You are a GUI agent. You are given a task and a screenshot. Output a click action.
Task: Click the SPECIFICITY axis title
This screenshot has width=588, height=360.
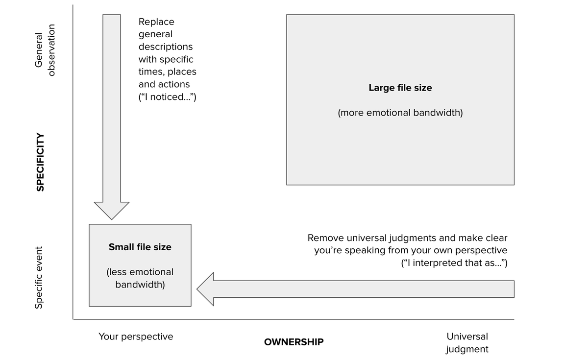point(40,162)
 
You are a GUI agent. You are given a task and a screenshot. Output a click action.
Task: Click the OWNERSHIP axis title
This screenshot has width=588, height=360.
point(294,342)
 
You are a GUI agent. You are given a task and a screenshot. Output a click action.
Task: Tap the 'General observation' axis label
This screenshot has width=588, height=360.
point(45,50)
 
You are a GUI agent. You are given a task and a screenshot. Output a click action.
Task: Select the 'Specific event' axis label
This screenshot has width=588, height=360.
point(39,278)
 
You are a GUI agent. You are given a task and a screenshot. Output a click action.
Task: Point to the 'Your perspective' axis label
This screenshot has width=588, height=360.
point(136,336)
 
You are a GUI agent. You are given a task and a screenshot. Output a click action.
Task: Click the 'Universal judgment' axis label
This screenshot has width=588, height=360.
point(467,343)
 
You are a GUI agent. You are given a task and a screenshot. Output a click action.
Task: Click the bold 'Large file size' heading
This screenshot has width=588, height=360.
point(400,88)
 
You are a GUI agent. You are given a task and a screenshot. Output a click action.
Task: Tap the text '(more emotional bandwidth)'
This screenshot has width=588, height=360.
point(400,113)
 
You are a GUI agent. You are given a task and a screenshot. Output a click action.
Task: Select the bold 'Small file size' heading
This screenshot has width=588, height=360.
point(140,247)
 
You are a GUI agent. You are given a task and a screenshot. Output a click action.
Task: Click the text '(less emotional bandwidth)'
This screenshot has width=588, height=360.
point(140,278)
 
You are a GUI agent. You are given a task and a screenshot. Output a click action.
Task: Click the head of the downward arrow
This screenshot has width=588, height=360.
point(112,210)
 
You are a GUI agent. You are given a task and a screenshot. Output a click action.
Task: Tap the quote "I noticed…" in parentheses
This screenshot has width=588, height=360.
point(168,97)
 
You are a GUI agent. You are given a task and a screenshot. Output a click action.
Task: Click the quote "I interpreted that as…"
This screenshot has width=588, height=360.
point(454,263)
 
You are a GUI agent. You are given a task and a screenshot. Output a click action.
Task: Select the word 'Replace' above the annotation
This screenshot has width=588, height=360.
point(156,22)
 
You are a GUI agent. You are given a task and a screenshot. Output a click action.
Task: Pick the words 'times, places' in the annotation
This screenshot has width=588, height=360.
point(167,72)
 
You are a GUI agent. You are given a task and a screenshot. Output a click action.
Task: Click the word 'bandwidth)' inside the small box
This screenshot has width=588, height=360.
point(140,284)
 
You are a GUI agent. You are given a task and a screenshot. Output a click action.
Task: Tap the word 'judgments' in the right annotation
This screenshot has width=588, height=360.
point(412,238)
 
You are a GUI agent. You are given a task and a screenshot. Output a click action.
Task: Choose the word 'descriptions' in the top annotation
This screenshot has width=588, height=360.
point(166,47)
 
